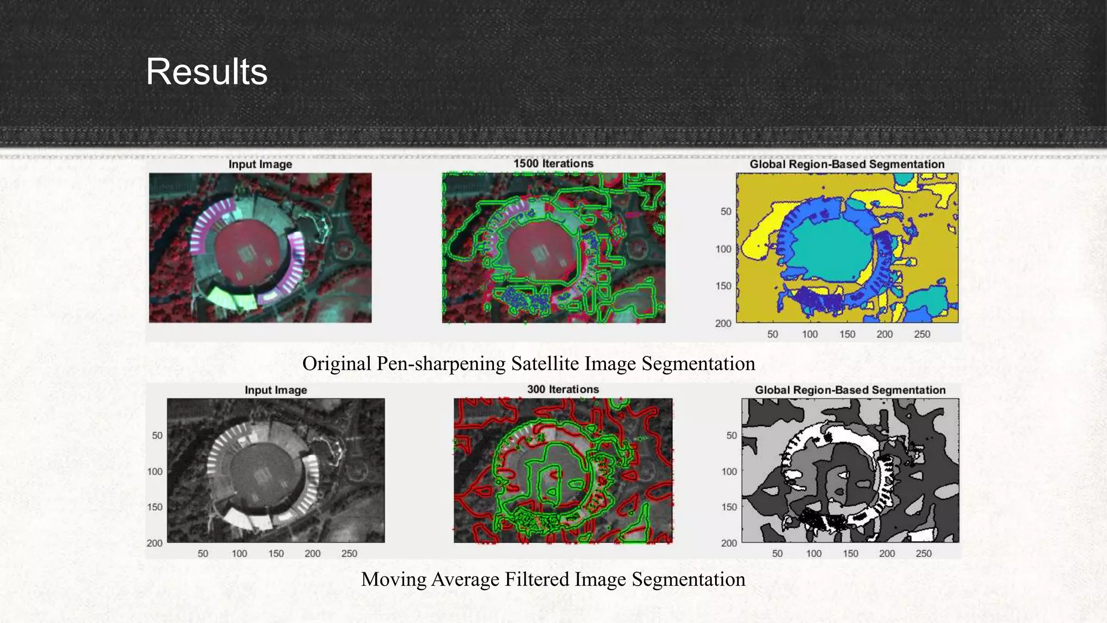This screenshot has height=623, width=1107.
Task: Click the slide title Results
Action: [206, 72]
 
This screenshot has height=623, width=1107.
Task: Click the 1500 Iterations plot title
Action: [553, 163]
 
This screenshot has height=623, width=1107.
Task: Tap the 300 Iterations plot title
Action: [563, 389]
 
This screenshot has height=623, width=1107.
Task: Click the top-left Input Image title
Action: [260, 164]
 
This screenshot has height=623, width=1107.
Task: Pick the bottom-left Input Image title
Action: [276, 390]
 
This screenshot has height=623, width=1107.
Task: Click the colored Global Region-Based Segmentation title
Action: [846, 164]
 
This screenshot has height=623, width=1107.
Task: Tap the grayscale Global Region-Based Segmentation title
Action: [850, 390]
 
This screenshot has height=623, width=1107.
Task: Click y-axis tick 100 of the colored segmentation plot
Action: [723, 249]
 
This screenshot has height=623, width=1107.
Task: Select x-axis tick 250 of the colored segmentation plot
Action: [922, 334]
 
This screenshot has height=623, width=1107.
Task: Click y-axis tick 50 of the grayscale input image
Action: [157, 435]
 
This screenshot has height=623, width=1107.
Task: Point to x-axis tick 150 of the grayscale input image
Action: [276, 553]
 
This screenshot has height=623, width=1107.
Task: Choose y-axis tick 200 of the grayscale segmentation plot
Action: [729, 542]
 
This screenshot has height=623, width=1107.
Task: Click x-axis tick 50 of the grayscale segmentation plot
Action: [777, 553]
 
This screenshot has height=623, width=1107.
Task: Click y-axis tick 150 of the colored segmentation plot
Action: [723, 286]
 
